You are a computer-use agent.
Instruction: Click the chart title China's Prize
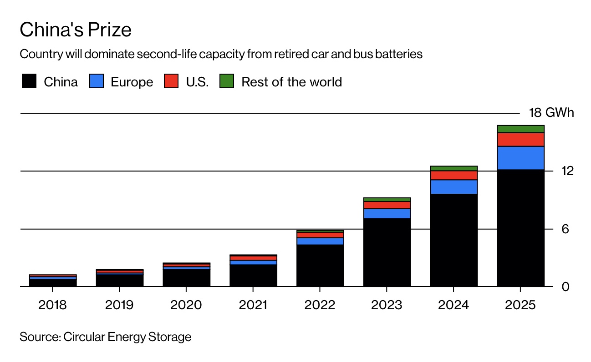[x=76, y=30]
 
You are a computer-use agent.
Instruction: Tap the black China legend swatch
[x=29, y=82]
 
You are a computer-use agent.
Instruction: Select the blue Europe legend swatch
[x=97, y=82]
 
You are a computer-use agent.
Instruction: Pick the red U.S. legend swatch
[x=171, y=82]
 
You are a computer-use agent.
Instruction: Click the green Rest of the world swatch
[x=226, y=82]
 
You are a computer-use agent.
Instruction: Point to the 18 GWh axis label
[x=551, y=113]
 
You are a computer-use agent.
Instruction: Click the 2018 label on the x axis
[x=52, y=305]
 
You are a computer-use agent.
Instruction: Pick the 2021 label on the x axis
[x=253, y=305]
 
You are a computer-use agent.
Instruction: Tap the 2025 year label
[x=520, y=305]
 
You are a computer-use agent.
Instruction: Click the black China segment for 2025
[x=520, y=227]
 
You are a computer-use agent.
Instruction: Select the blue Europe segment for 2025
[x=520, y=158]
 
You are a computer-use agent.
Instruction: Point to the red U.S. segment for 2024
[x=453, y=175]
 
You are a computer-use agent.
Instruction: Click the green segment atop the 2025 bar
[x=520, y=129]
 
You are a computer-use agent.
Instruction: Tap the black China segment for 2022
[x=320, y=266]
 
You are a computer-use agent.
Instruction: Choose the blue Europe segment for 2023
[x=387, y=213]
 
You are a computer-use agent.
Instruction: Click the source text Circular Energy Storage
[x=105, y=337]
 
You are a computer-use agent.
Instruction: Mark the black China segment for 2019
[x=119, y=281]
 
